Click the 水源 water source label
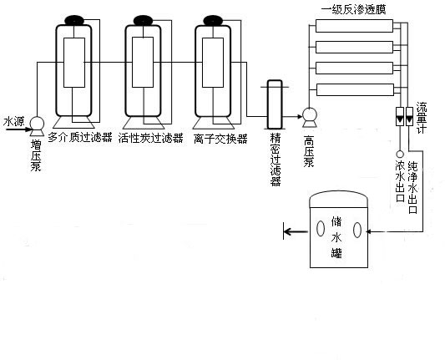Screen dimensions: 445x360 point(14,121)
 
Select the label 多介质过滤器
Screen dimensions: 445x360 point(80,138)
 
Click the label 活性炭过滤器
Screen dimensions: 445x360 point(150,139)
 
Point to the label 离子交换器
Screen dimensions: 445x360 point(220,139)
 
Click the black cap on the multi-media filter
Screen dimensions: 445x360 point(74,20)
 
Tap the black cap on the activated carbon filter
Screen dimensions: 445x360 point(144,20)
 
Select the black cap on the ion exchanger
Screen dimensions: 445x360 point(213,20)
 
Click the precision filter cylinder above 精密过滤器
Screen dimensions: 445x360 point(275,104)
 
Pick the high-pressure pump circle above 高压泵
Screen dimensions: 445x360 point(310,114)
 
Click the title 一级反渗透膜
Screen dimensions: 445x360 point(354,10)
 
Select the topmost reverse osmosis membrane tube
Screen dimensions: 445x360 point(355,26)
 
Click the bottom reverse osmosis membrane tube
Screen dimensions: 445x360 point(356,89)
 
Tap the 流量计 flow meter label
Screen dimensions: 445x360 point(422,118)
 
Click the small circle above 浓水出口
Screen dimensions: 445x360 point(400,155)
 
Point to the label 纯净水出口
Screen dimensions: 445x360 point(412,187)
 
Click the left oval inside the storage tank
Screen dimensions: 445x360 point(321,229)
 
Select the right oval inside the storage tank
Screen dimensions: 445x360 point(357,230)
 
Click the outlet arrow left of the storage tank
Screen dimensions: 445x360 point(296,231)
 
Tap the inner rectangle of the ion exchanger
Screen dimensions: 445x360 point(213,63)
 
